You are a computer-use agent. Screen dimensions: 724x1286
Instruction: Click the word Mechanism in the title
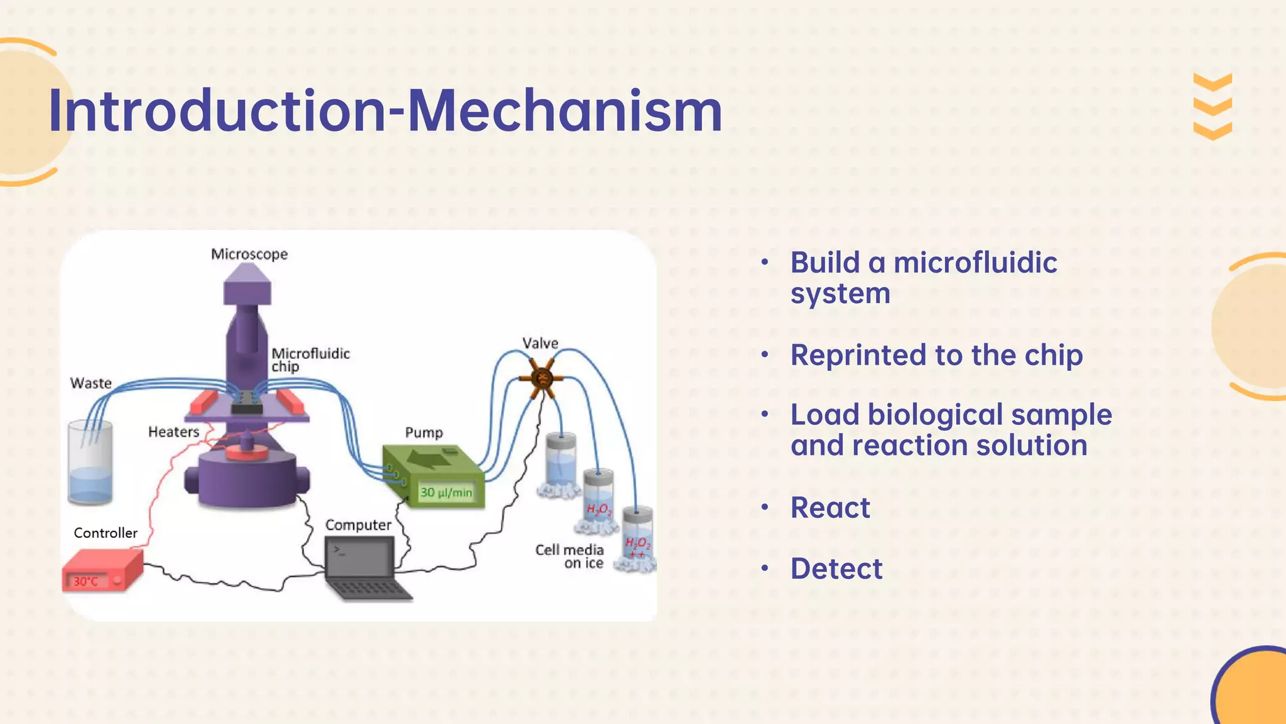[x=565, y=111]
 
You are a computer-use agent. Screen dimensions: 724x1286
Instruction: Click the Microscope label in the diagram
[x=249, y=255]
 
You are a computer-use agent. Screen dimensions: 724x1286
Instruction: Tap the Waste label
[x=91, y=383]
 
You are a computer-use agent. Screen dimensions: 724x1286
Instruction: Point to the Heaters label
[x=173, y=432]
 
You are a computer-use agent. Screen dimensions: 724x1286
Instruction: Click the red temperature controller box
[x=102, y=570]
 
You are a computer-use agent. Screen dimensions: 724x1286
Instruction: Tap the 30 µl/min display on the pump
[x=446, y=492]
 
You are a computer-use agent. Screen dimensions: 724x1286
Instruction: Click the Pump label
[x=424, y=432]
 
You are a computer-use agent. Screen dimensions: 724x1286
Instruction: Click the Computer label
[x=358, y=525]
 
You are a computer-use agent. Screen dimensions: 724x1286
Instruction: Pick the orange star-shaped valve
[x=541, y=378]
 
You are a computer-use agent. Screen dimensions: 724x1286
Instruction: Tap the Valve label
[x=540, y=343]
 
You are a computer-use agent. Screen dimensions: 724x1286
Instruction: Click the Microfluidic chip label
[x=310, y=359]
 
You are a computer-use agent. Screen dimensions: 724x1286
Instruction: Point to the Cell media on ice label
[x=570, y=556]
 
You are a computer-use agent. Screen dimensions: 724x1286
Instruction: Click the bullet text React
[x=830, y=508]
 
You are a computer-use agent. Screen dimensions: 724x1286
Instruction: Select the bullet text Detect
[x=836, y=569]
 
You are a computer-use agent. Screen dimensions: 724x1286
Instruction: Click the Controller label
[x=105, y=533]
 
